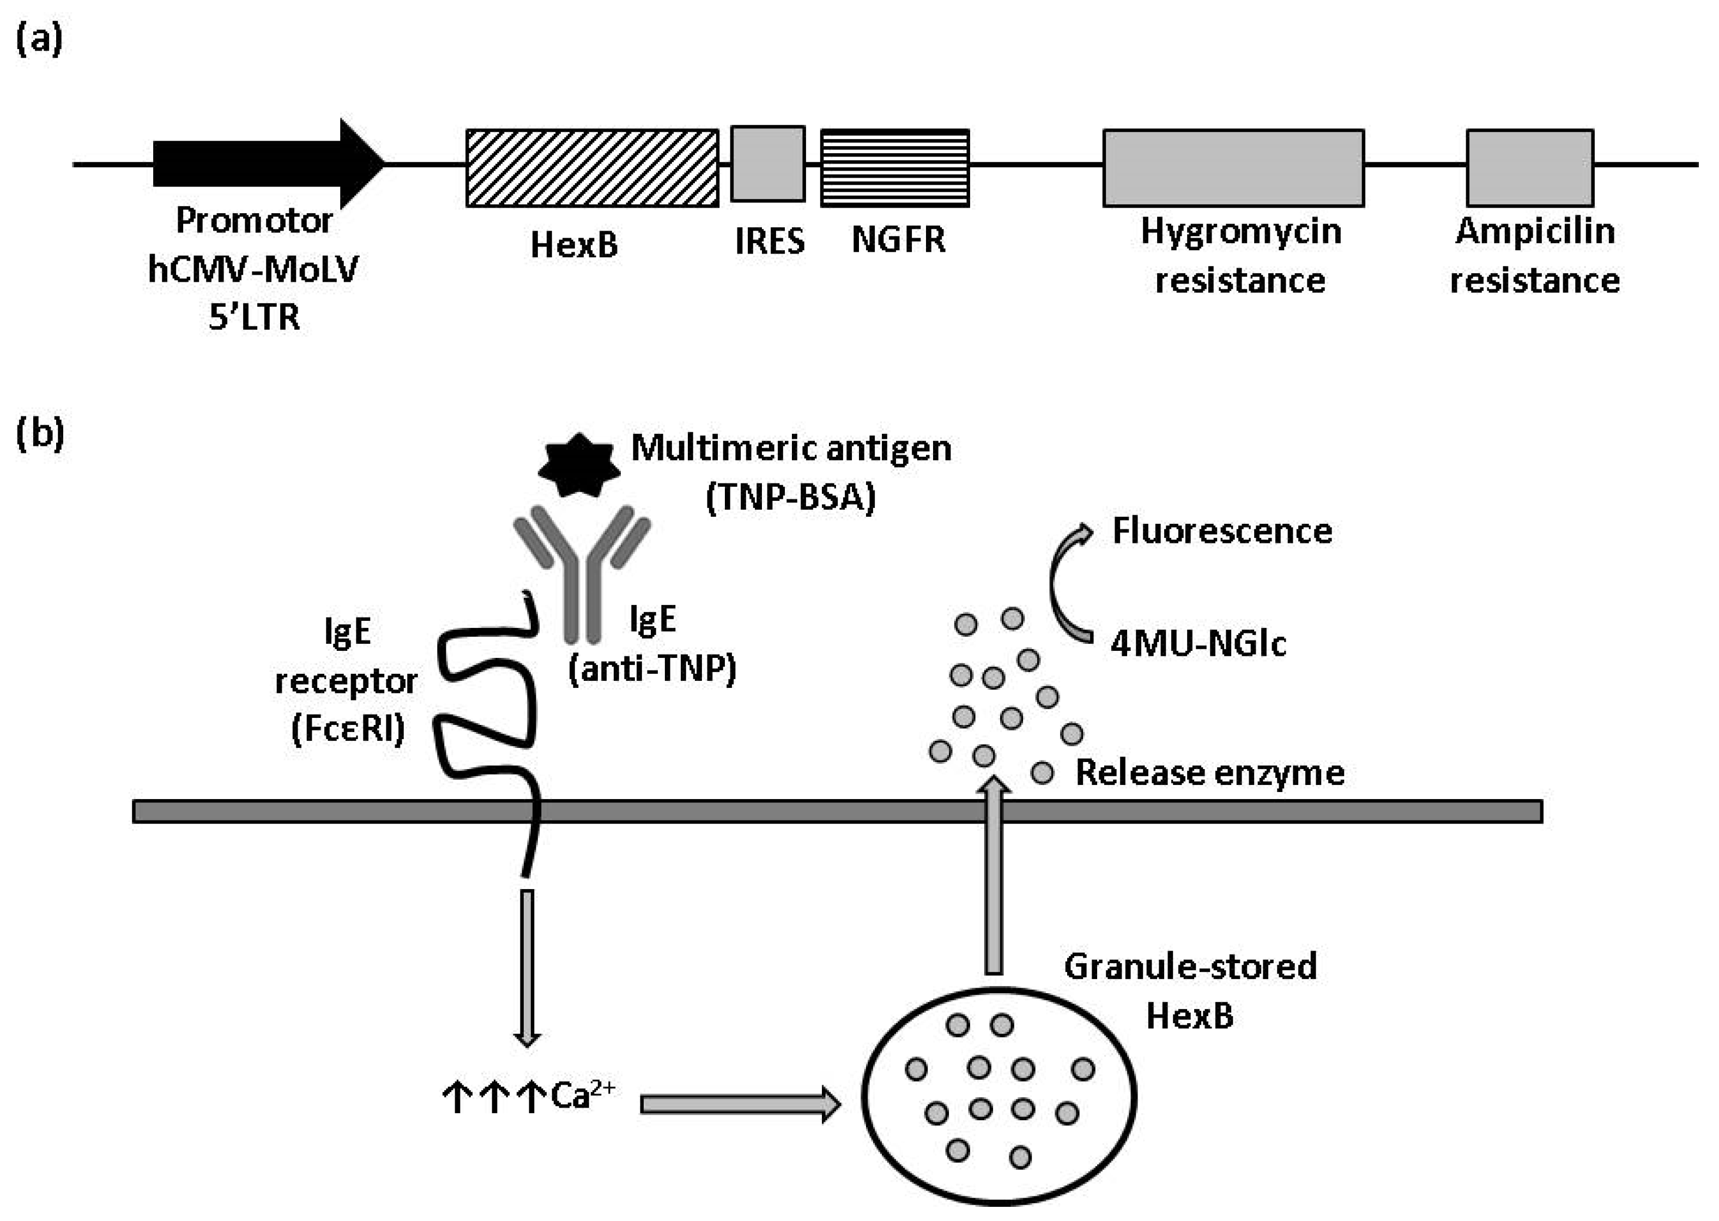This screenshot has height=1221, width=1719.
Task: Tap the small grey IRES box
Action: [767, 164]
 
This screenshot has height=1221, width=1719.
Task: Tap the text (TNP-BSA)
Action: [791, 497]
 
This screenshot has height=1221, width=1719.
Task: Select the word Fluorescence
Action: [1221, 531]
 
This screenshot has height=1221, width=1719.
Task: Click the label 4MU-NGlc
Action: [1198, 644]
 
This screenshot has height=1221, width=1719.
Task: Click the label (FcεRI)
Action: [348, 728]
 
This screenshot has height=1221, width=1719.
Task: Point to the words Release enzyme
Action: [1209, 773]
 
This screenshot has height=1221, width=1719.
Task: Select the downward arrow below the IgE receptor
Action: [527, 966]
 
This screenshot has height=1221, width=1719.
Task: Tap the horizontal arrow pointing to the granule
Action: [740, 1104]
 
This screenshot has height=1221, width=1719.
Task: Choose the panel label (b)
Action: [39, 434]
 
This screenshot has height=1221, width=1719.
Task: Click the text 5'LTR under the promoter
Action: [254, 317]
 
